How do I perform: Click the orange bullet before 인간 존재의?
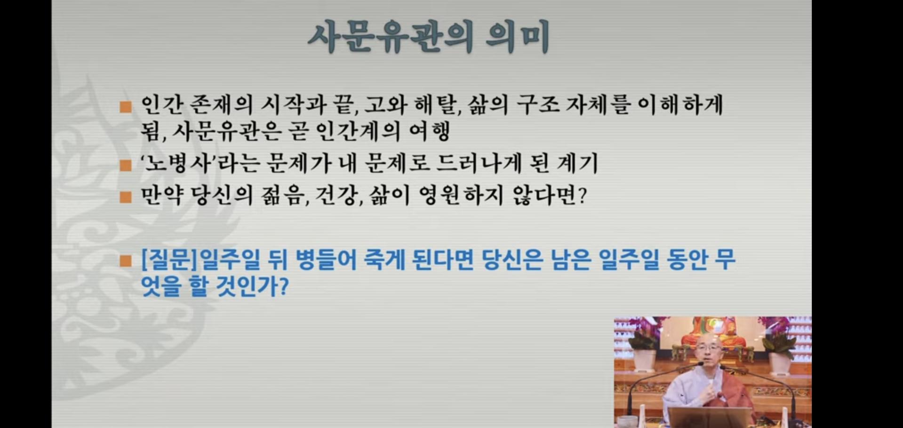126,107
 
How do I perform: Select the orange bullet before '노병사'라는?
126,165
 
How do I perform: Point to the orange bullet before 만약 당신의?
126,197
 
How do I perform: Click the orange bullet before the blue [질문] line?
126,261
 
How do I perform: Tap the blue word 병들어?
326,260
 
